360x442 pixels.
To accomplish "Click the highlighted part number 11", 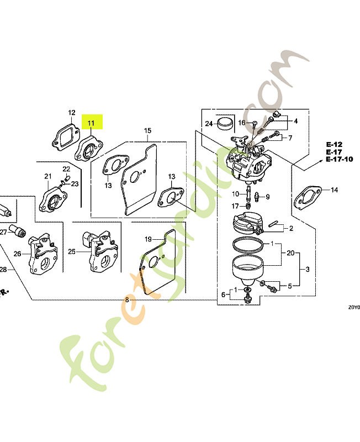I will pyautogui.click(x=91, y=123).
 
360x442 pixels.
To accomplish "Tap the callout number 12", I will pyautogui.click(x=71, y=113).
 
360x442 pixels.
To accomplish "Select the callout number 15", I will pyautogui.click(x=147, y=131).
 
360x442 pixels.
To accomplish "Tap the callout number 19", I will pyautogui.click(x=148, y=239).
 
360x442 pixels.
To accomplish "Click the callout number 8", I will pyautogui.click(x=127, y=299).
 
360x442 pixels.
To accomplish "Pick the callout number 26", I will pyautogui.click(x=18, y=254).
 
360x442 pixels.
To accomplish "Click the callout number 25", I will pyautogui.click(x=72, y=252).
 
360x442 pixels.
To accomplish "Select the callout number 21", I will pyautogui.click(x=48, y=177).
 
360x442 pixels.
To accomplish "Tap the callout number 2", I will pyautogui.click(x=291, y=228).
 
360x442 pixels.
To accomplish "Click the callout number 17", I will pyautogui.click(x=235, y=206).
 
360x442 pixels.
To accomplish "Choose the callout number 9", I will pyautogui.click(x=267, y=197).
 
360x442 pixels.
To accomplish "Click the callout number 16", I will pyautogui.click(x=242, y=122).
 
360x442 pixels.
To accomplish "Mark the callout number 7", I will pyautogui.click(x=290, y=137).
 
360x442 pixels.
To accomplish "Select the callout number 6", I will pyautogui.click(x=224, y=295).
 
